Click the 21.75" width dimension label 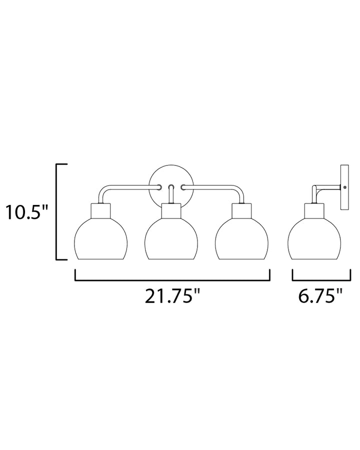coord(172,296)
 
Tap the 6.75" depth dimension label coord(320,296)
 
